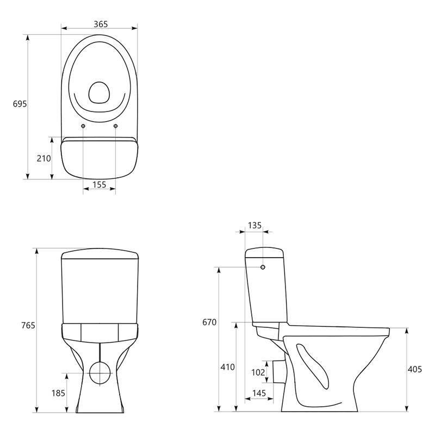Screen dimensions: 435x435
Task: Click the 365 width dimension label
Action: [x=101, y=24]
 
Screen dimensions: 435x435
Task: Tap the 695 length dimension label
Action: [x=20, y=104]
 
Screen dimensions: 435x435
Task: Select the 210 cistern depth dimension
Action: [x=44, y=158]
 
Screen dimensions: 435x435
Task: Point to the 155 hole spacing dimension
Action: [x=100, y=184]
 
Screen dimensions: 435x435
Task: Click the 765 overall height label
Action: [x=28, y=325]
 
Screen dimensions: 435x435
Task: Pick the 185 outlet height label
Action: [x=58, y=393]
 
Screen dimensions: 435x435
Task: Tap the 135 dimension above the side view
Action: [x=254, y=225]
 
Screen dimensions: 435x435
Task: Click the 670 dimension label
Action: [x=209, y=322]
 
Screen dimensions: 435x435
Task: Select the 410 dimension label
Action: [x=227, y=367]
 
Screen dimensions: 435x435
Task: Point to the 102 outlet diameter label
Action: [x=258, y=372]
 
